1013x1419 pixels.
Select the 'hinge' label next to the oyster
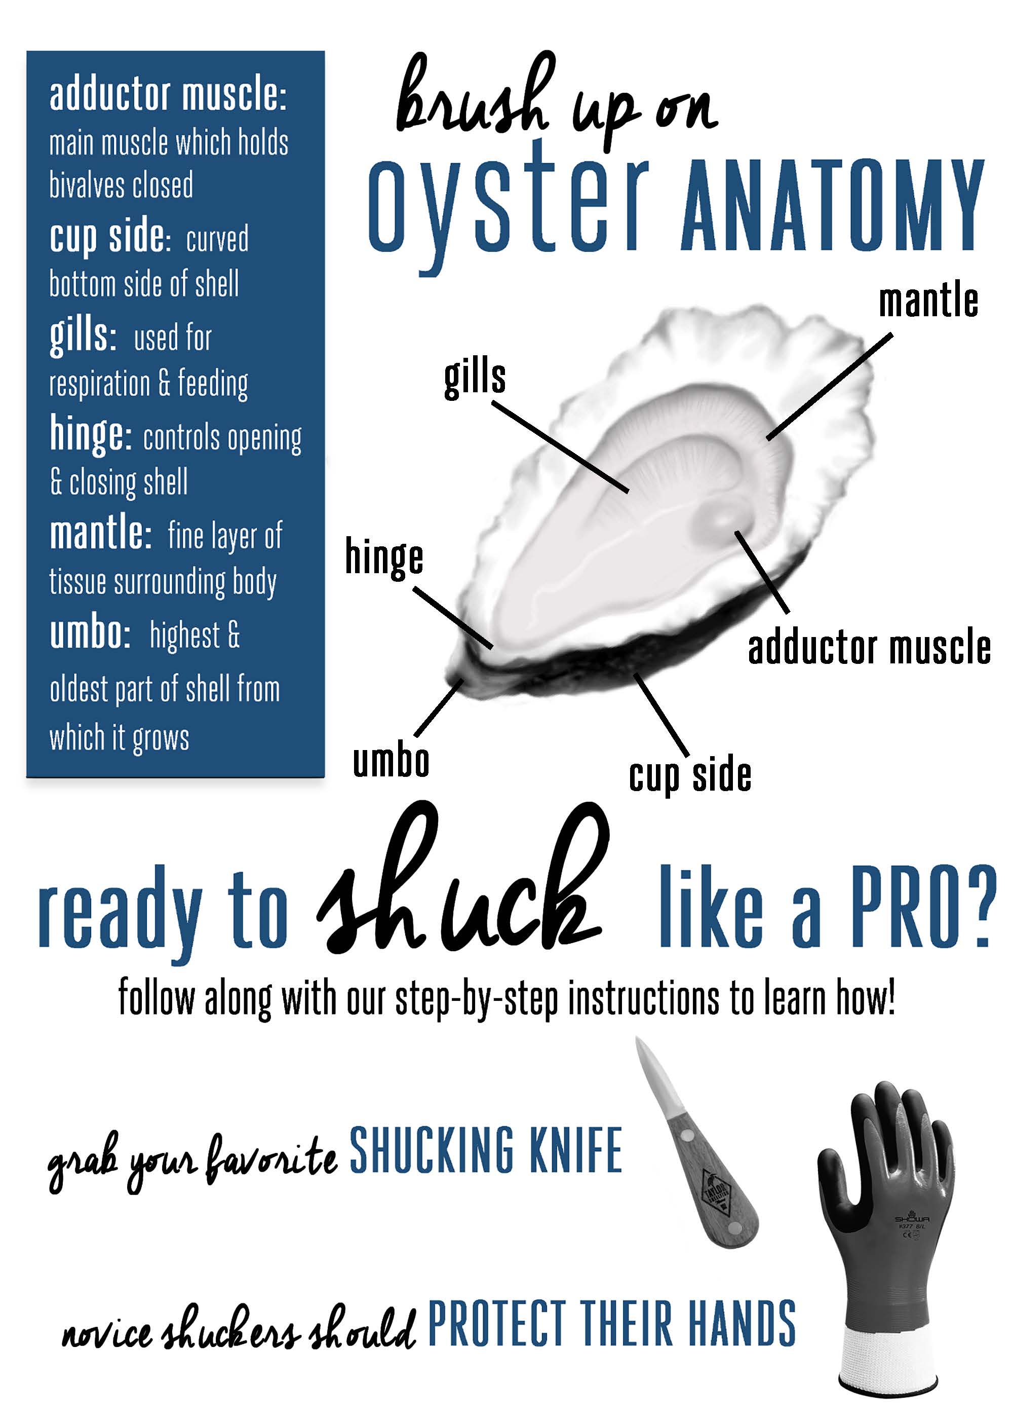(384, 558)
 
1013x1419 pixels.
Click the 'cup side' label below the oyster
(690, 775)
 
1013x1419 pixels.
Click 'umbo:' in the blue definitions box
(90, 633)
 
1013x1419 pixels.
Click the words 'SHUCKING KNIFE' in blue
(485, 1149)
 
